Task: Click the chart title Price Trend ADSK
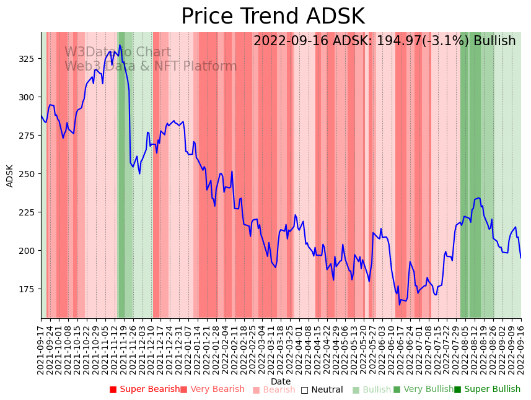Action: [273, 17]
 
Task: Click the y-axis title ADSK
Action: [10, 176]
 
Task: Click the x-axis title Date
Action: [281, 381]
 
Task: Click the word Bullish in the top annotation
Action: [494, 41]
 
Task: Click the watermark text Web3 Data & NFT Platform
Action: [151, 66]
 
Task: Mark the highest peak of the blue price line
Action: [120, 45]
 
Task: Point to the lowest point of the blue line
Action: [400, 305]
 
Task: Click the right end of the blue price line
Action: [520, 258]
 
